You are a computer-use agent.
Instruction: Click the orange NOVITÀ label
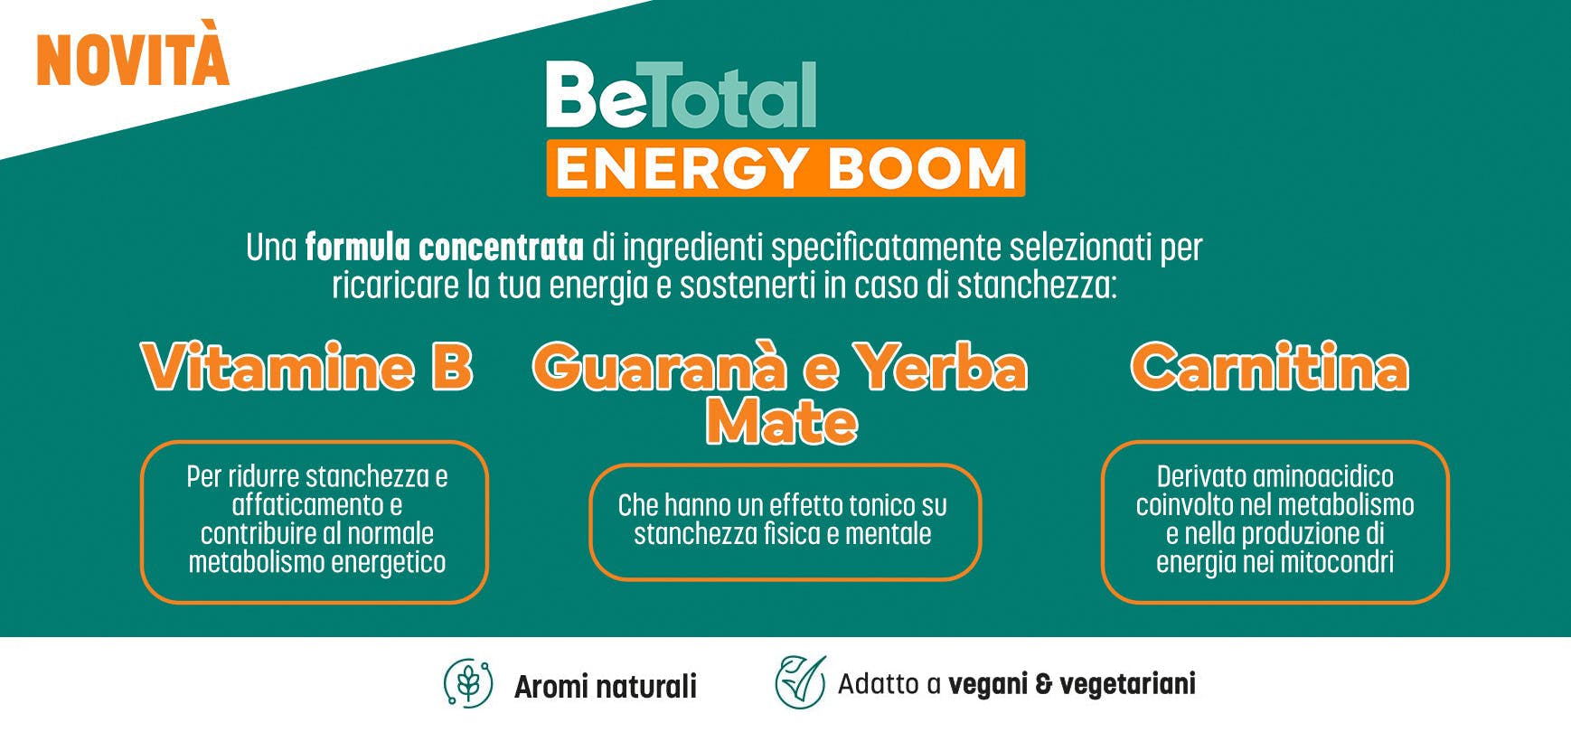(x=132, y=59)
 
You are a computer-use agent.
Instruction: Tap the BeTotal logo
(x=681, y=96)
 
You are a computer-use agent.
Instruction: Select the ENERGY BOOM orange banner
(x=785, y=169)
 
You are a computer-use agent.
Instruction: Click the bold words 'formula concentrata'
(x=444, y=247)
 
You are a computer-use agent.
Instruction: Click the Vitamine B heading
(x=307, y=368)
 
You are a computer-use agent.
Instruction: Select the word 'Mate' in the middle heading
(x=781, y=422)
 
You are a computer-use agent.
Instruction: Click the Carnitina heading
(x=1269, y=368)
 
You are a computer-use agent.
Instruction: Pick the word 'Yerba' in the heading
(x=941, y=368)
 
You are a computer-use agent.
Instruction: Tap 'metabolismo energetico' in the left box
(x=317, y=562)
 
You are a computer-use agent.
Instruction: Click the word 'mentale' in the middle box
(x=889, y=533)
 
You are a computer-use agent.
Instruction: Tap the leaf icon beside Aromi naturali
(x=468, y=683)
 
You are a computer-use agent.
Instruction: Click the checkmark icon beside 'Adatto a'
(x=800, y=682)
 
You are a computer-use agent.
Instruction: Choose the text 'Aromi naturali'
(x=605, y=687)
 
